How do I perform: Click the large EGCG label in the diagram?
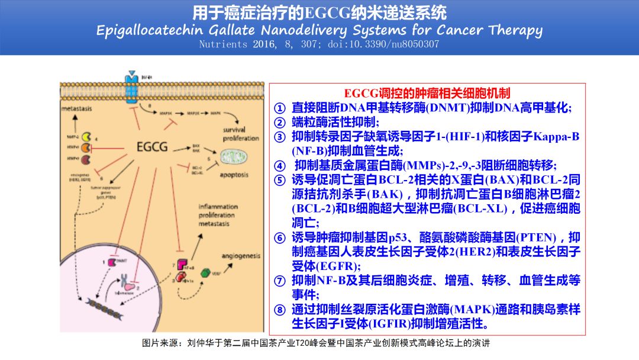(151, 146)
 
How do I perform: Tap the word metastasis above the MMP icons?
(81, 110)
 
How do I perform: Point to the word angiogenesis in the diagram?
(241, 256)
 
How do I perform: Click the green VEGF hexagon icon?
(206, 273)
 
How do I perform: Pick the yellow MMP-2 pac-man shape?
(86, 137)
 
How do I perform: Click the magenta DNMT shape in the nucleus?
(111, 261)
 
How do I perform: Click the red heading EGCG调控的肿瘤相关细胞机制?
(427, 93)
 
